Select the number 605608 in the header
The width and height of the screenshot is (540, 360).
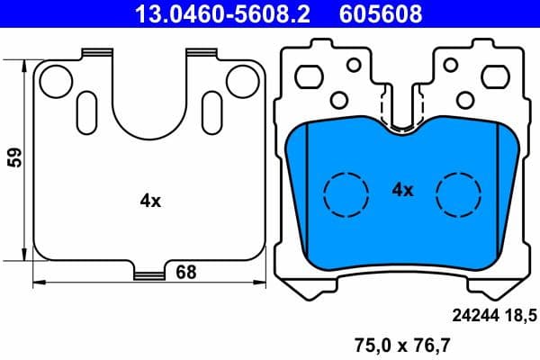379,13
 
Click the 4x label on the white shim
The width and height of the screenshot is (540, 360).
150,202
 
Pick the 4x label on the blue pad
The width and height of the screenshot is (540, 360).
402,190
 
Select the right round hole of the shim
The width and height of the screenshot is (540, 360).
241,80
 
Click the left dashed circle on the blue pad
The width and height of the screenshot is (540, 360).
346,193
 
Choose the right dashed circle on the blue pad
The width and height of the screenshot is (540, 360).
458,193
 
